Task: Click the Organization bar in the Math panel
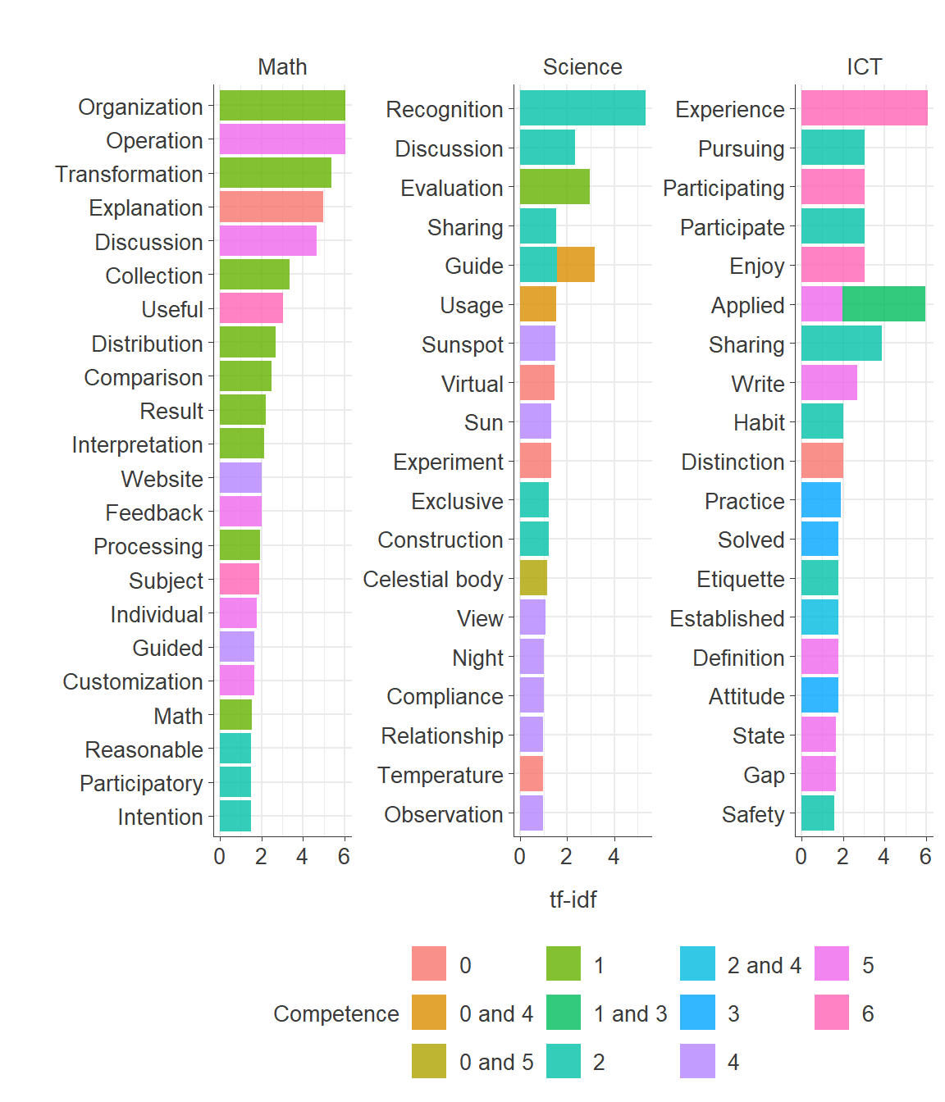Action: coord(282,106)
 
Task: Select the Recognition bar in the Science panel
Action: coord(582,108)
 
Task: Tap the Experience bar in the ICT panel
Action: coord(864,108)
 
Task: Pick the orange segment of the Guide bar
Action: coord(576,265)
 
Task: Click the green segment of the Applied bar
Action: coord(883,304)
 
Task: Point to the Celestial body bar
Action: coord(533,578)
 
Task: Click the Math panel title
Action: coord(282,67)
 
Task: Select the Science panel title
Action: coord(582,67)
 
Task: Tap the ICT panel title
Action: coord(864,67)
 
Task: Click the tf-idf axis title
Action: coord(573,900)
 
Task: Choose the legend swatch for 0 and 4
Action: coord(429,1013)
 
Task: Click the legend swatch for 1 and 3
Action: coord(564,1013)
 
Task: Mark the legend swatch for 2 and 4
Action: coord(697,964)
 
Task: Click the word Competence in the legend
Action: coord(336,1014)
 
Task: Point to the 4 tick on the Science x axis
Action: coord(614,857)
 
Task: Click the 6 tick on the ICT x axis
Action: coord(925,857)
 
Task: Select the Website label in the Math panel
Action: coord(162,479)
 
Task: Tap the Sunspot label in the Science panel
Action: coord(463,344)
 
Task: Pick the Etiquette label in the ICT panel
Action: coord(741,579)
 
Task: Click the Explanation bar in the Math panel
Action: coord(271,207)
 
